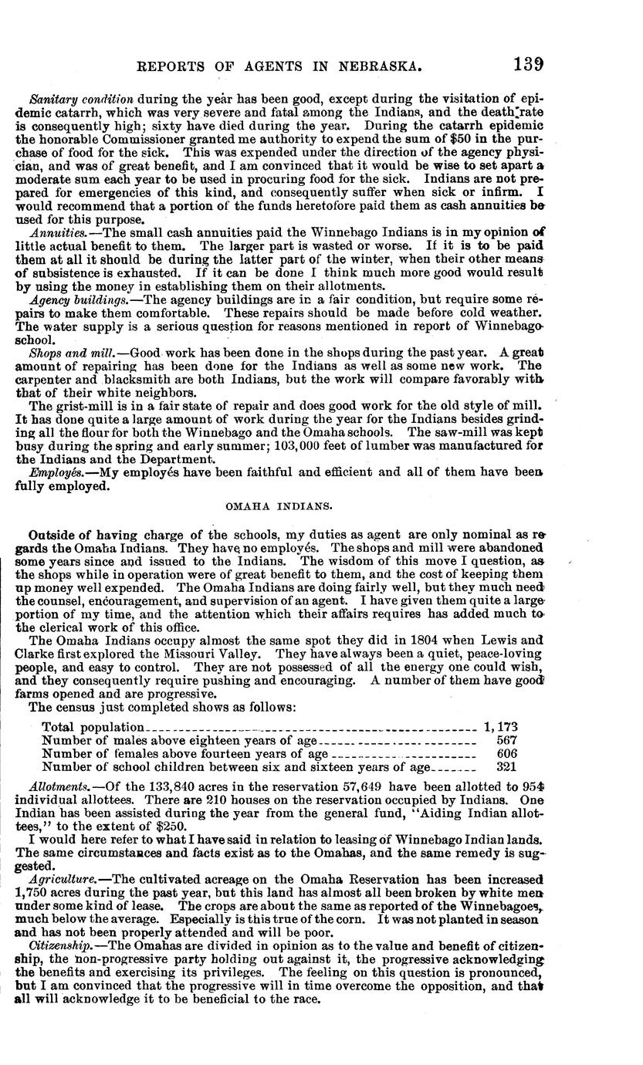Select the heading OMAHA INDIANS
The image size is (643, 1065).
[279, 506]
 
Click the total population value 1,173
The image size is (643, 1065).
[500, 727]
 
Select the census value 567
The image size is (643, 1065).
[506, 740]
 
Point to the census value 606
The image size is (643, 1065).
[506, 753]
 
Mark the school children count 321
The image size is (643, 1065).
[506, 767]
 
